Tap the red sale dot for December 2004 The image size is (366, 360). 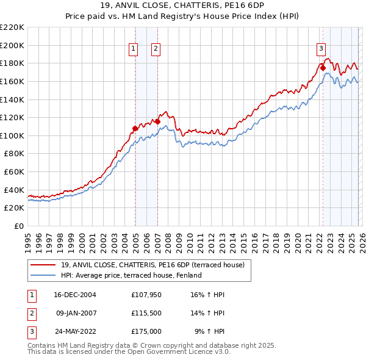(x=135, y=128)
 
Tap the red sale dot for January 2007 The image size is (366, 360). (x=157, y=121)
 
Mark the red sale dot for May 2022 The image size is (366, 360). (x=323, y=68)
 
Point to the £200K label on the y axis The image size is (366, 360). (x=12, y=45)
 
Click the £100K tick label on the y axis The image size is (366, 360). (x=12, y=135)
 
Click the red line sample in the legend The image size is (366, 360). (x=43, y=265)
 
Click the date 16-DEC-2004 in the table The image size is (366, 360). (x=75, y=295)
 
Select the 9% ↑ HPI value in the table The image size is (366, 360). (x=210, y=331)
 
